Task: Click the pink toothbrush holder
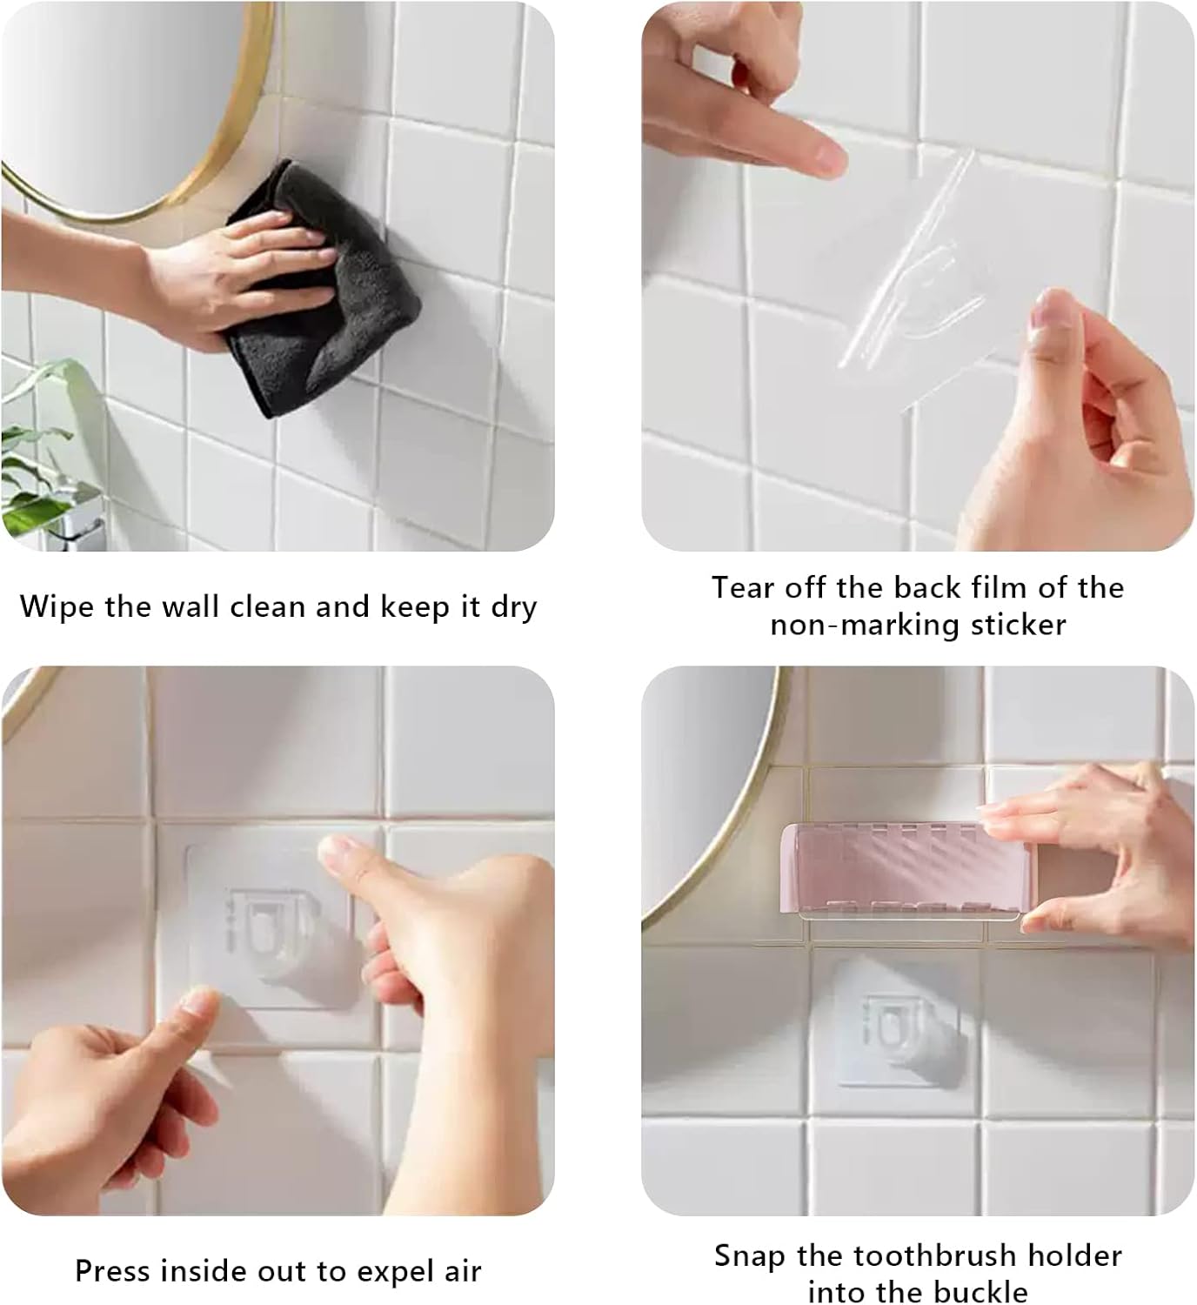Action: (905, 870)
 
